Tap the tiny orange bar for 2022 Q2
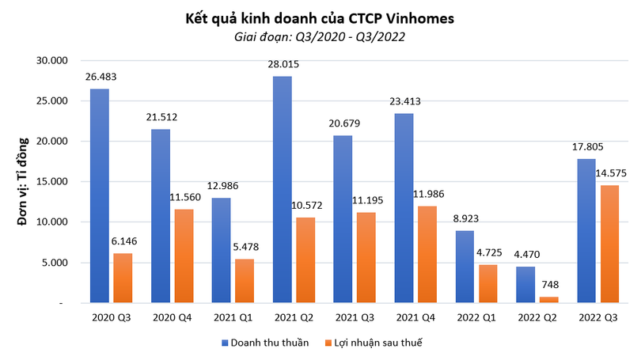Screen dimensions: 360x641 point(548,299)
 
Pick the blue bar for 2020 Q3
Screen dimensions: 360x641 point(100,195)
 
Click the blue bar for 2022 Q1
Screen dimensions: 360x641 point(465,266)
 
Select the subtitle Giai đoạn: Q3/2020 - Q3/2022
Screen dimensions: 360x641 point(320,36)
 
